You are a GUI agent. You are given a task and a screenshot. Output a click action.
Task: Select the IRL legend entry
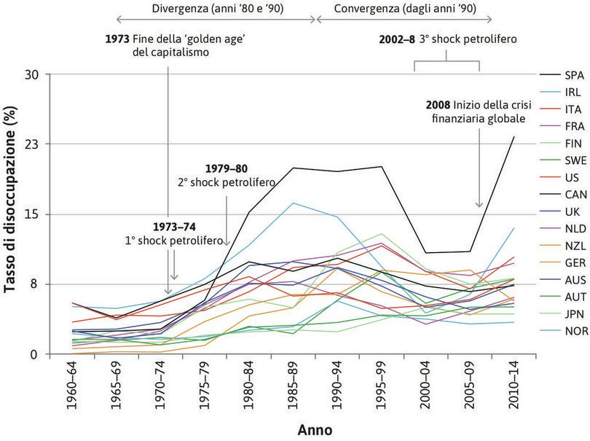572,91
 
